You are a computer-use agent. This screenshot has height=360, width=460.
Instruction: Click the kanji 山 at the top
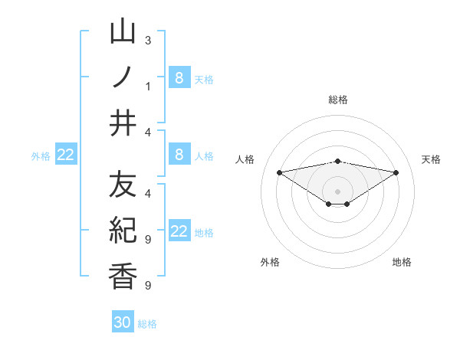pos(123,32)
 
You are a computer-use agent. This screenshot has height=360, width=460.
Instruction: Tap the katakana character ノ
pos(123,77)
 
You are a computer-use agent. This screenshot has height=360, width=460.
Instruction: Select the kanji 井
pos(123,123)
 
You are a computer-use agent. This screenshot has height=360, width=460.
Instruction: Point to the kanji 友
pos(123,185)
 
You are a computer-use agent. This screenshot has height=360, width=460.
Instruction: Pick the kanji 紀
pos(123,230)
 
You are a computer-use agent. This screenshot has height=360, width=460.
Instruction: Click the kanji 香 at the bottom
pos(123,276)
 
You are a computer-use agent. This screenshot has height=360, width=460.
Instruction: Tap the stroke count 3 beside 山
pos(147,39)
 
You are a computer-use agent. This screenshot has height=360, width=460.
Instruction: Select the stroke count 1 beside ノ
pos(147,86)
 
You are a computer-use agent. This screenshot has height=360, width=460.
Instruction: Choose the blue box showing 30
pos(123,322)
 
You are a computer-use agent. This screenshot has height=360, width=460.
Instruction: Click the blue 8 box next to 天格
pos(179,77)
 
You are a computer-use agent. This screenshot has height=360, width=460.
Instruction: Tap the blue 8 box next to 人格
pos(179,155)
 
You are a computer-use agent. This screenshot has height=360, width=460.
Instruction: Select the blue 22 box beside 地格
pos(179,231)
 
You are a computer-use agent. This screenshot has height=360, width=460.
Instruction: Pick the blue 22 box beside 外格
pos(65,155)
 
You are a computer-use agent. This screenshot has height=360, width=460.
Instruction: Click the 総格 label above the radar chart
pos(337,100)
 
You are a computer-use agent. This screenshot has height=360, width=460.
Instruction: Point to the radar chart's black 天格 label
pos(432,159)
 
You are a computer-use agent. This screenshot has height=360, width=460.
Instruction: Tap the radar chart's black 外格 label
pos(270,262)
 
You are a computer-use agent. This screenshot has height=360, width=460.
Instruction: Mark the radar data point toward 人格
pos(279,172)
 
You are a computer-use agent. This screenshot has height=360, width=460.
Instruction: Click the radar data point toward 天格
pos(396,172)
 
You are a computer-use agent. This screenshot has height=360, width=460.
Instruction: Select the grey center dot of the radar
pos(337,191)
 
